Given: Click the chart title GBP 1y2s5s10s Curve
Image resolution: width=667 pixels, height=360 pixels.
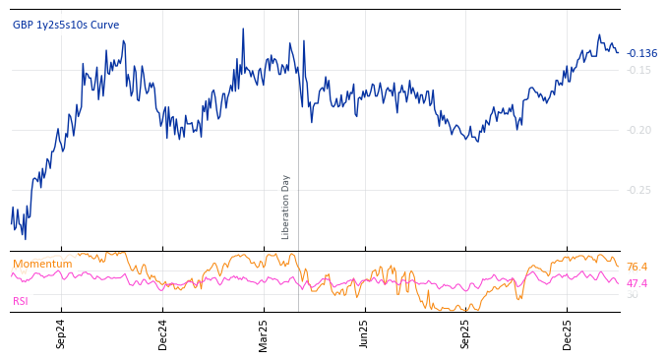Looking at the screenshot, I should pyautogui.click(x=66, y=26).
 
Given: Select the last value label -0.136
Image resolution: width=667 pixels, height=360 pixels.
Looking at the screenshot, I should pyautogui.click(x=642, y=54).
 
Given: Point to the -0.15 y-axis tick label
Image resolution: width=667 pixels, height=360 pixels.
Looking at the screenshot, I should pyautogui.click(x=639, y=70).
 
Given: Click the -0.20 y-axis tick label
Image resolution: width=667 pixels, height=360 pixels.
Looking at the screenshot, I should pyautogui.click(x=639, y=130).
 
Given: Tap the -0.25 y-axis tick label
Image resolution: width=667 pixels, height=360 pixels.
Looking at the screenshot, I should pyautogui.click(x=639, y=190).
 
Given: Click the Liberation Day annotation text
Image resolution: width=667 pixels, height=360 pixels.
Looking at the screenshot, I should pyautogui.click(x=286, y=207).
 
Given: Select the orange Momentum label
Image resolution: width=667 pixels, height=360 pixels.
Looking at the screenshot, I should pyautogui.click(x=42, y=265).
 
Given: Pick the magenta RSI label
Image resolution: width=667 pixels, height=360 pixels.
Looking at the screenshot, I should pyautogui.click(x=21, y=301).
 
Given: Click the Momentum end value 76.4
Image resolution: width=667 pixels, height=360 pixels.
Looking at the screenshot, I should pyautogui.click(x=637, y=268).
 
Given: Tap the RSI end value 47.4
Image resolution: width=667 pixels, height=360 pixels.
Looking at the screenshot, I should pyautogui.click(x=637, y=283).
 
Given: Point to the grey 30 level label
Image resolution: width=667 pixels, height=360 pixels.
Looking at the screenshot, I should pyautogui.click(x=632, y=295).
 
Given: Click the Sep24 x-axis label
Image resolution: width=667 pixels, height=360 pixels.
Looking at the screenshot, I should pyautogui.click(x=61, y=334).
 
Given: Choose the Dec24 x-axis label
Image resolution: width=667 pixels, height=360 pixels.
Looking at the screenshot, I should pyautogui.click(x=163, y=334).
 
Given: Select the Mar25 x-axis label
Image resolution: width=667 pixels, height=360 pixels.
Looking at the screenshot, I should pyautogui.click(x=264, y=334).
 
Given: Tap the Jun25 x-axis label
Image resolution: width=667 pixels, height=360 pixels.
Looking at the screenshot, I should pyautogui.click(x=365, y=334).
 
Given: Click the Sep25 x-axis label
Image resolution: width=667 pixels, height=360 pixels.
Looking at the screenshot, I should pyautogui.click(x=466, y=334).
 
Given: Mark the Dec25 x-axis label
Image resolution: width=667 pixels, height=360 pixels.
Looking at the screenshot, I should pyautogui.click(x=568, y=334).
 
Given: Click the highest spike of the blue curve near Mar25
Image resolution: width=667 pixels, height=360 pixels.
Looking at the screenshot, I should pyautogui.click(x=243, y=29).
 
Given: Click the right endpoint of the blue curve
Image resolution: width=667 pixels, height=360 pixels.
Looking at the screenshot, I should pyautogui.click(x=618, y=52).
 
